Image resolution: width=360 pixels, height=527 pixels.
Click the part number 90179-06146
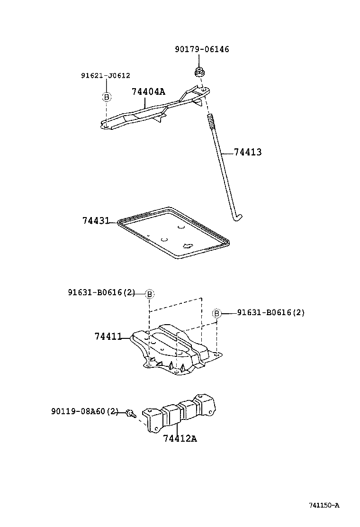click(x=201, y=49)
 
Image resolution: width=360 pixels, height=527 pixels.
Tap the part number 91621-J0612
click(x=105, y=75)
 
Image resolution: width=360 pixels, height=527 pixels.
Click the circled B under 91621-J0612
click(x=107, y=97)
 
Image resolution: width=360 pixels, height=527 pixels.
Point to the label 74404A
click(x=148, y=91)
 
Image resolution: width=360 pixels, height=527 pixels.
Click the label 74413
click(x=247, y=152)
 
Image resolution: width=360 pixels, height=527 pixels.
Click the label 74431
click(x=96, y=220)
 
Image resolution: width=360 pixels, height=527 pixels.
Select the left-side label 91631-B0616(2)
click(x=100, y=293)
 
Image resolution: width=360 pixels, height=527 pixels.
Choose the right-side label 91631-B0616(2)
click(x=270, y=312)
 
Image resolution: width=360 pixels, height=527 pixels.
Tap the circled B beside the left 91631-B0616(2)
click(x=150, y=294)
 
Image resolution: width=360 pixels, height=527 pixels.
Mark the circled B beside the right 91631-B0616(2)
click(x=216, y=313)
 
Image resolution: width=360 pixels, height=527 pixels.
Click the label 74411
click(x=108, y=336)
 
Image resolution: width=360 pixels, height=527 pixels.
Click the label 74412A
click(x=180, y=438)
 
